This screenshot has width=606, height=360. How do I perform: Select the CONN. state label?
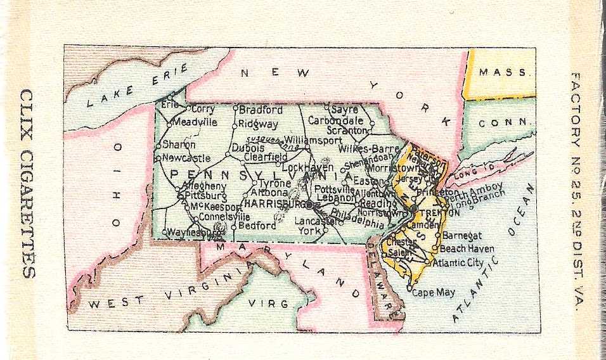point(503,123)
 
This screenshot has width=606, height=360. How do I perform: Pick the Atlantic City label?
point(458,262)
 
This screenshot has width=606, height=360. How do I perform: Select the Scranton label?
point(345,130)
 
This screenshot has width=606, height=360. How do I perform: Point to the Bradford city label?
point(261,110)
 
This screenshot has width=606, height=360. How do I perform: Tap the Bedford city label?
point(257,226)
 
